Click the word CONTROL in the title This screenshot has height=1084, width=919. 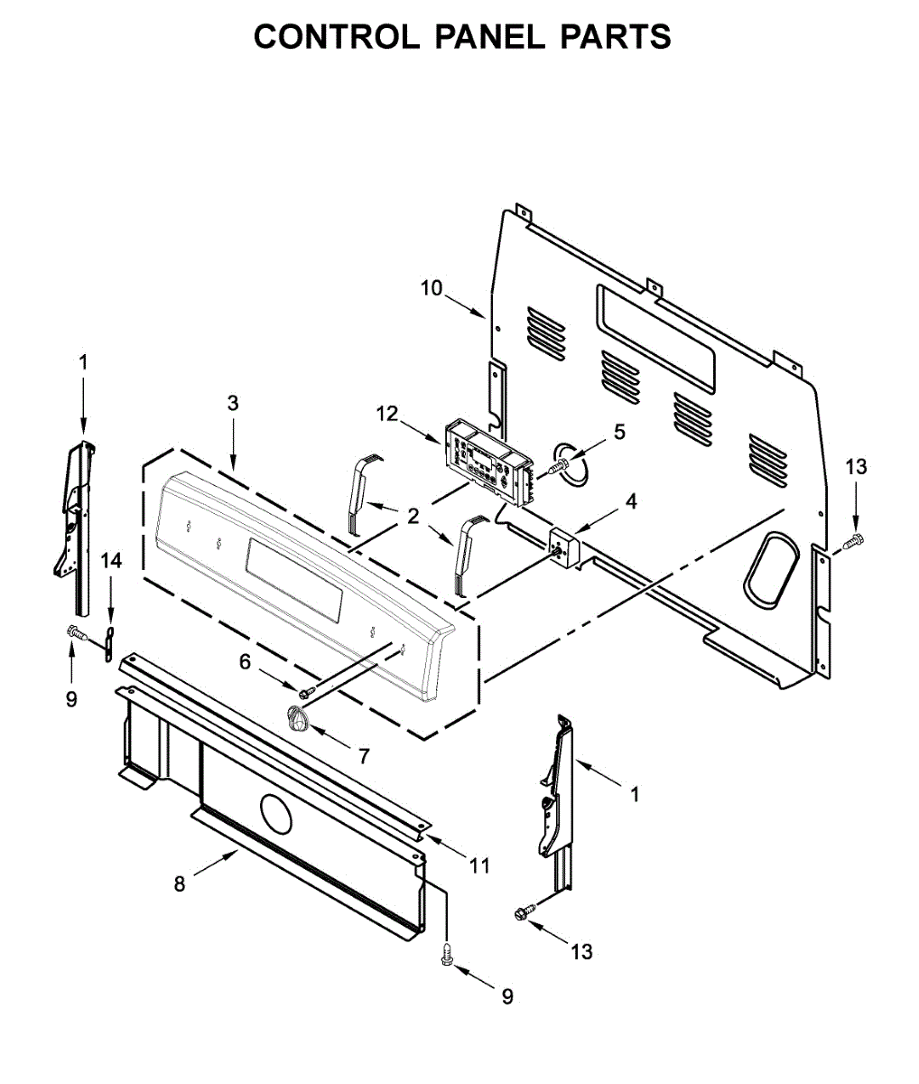point(337,37)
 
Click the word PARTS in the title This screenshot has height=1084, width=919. point(616,37)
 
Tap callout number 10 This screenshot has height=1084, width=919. point(432,288)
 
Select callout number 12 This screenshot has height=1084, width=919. point(387,414)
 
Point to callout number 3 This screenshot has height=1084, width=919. point(233,403)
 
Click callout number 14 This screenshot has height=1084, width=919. point(111,561)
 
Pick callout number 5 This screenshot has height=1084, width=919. point(619,432)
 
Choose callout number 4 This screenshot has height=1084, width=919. point(631,502)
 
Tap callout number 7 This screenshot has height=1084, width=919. point(364,756)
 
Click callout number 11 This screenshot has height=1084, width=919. point(479,865)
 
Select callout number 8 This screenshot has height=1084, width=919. point(180,884)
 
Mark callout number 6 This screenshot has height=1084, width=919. point(246,662)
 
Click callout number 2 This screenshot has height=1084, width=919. point(413,516)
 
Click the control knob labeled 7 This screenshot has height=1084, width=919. point(297,717)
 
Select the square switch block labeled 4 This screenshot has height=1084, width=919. point(563,549)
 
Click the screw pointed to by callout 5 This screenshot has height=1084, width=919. point(560,465)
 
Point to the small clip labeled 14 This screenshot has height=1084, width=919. point(109,643)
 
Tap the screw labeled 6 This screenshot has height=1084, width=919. point(307,693)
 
